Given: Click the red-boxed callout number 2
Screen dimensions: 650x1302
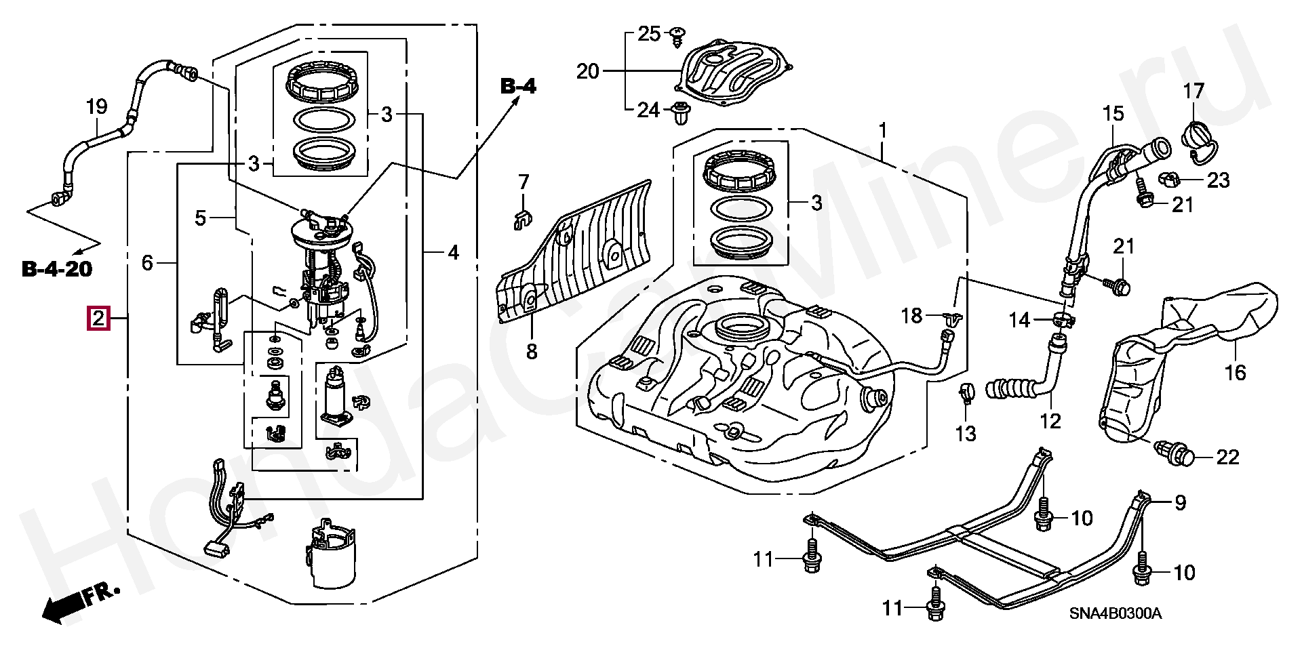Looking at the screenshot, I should point(99,318).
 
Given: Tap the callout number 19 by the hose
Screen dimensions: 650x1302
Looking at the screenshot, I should point(97,106).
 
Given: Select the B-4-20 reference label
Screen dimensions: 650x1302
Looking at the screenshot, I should point(57,269).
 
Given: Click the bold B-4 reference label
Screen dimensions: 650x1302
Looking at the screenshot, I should point(518,86).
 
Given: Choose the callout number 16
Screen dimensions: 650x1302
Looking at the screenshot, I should point(1236,372).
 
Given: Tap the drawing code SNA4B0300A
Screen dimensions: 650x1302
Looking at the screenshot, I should point(1116,613).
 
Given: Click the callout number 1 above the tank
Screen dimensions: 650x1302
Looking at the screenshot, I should point(883,129).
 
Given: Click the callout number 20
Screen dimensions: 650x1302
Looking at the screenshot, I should point(588,70).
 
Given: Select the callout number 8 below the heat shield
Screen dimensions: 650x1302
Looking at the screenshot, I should point(532,351).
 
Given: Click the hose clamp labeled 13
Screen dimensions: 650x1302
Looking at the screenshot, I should point(966,393).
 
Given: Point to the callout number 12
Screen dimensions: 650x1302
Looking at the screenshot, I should point(1050,421).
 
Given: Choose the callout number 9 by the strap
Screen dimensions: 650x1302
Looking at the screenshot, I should point(1180,503).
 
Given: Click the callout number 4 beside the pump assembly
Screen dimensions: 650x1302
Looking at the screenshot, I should point(453,253).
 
